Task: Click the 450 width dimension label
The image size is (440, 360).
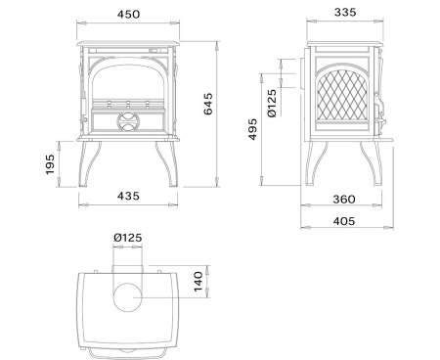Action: [127, 15]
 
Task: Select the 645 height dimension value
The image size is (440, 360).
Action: [234, 110]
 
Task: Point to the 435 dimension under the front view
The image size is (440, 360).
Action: [127, 197]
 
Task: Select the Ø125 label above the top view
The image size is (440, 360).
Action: [128, 237]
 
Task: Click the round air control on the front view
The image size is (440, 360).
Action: [128, 122]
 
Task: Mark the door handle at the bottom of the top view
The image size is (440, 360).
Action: [127, 348]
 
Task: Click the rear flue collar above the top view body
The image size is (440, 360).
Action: [127, 266]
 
